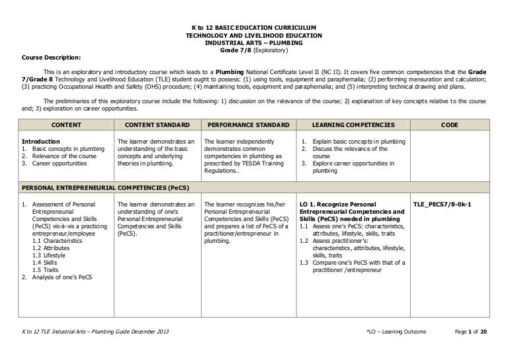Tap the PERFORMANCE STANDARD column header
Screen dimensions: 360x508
(x=247, y=124)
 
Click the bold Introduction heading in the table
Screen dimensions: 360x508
(x=41, y=141)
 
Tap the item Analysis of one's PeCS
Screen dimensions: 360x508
(x=60, y=277)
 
